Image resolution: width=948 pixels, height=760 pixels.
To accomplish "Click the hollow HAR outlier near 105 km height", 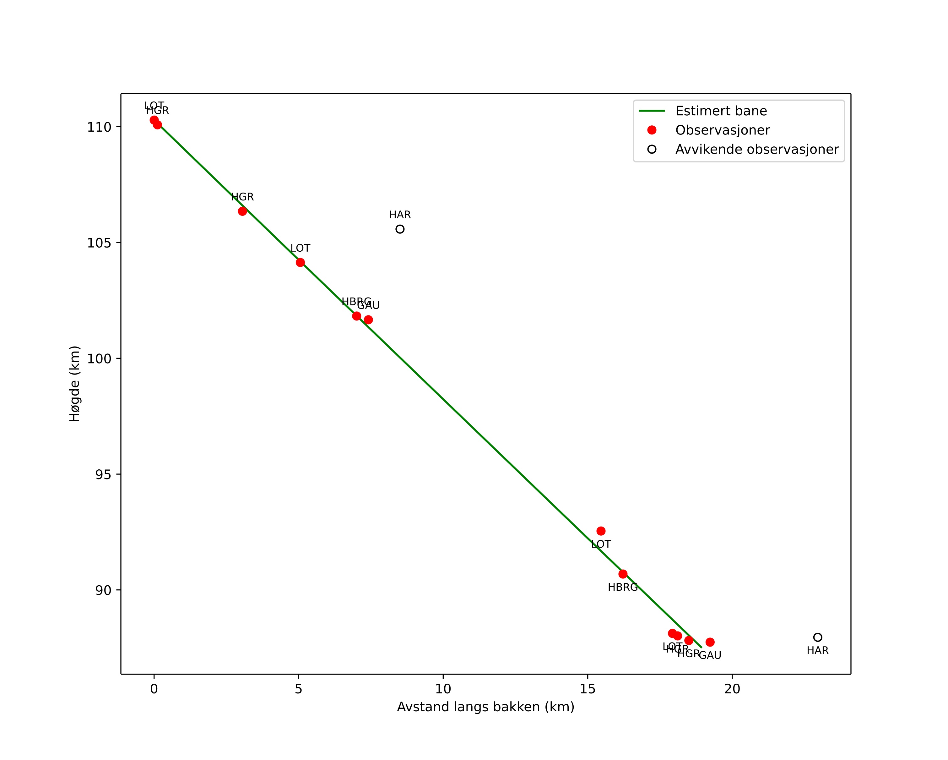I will click(400, 229).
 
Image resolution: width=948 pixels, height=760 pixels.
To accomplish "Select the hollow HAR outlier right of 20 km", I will click(817, 637).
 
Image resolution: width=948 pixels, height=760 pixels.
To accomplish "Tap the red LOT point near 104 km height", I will click(300, 263).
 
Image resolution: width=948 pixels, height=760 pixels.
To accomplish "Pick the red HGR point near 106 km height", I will click(242, 211).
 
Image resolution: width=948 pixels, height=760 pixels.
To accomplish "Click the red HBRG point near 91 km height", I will click(623, 574).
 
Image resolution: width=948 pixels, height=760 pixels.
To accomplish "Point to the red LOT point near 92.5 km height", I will click(601, 531).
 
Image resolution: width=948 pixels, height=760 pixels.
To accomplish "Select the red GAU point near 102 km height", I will click(368, 320).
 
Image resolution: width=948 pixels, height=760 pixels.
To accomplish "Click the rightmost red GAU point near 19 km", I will click(710, 642).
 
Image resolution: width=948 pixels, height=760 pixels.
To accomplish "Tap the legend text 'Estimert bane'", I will click(721, 111).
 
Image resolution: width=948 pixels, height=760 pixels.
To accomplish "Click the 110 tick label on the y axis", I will click(99, 127).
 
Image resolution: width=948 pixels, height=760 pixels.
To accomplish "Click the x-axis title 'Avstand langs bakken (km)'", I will click(485, 707).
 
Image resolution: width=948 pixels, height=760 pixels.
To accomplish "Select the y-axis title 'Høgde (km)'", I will click(75, 384).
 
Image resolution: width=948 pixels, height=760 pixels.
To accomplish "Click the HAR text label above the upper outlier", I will click(400, 215).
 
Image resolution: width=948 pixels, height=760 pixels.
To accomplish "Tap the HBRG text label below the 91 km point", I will click(623, 587).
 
